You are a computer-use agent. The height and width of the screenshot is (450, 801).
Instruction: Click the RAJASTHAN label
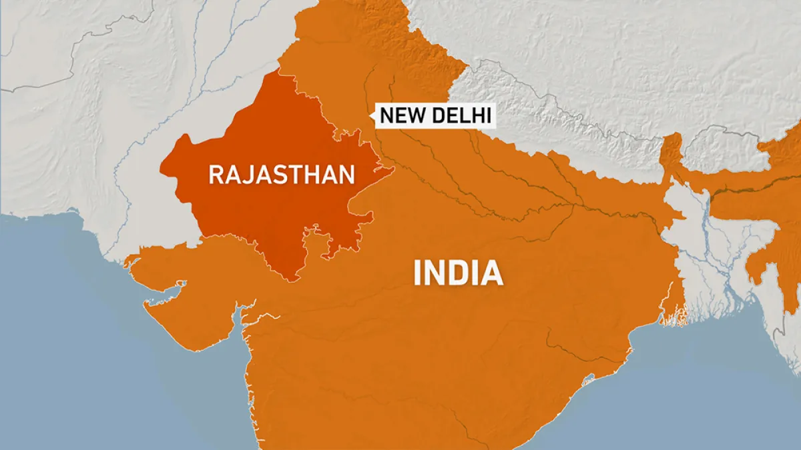(x=281, y=175)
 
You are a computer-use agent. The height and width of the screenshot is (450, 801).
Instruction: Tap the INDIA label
(x=457, y=273)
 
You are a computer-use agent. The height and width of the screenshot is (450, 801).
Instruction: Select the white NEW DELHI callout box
(x=435, y=116)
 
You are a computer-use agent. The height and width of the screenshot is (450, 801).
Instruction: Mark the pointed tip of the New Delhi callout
(x=371, y=118)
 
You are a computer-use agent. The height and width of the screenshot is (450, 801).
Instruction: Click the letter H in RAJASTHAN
(x=316, y=175)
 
